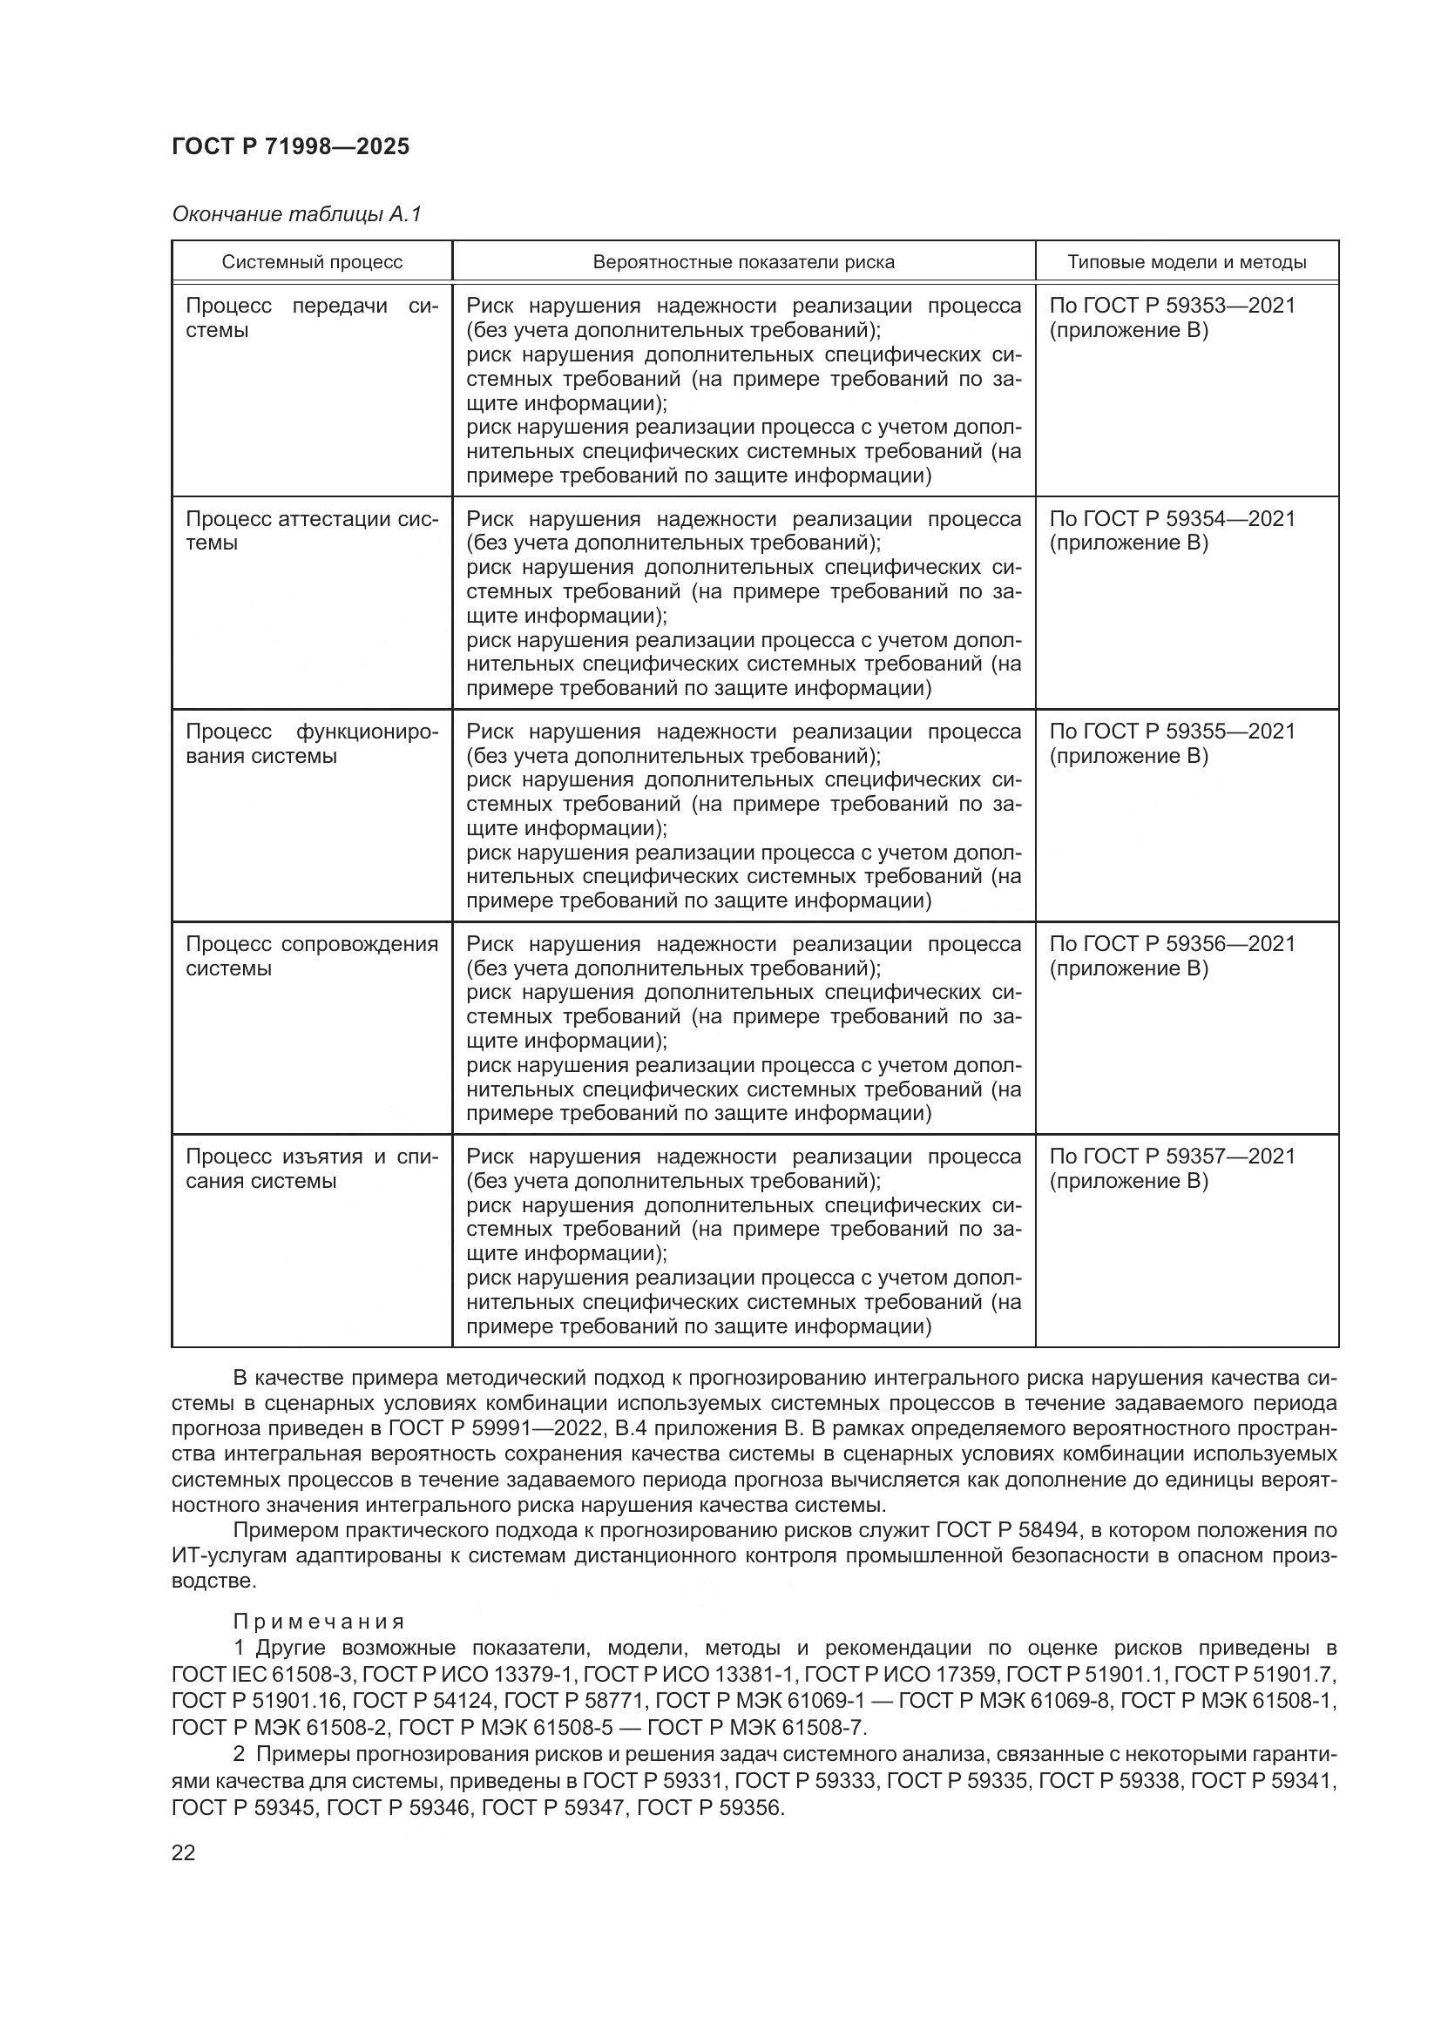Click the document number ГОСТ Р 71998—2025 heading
290,146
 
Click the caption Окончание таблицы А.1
296,214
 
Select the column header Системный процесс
313,262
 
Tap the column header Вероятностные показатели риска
743,262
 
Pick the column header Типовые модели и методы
1187,262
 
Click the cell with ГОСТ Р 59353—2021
1171,318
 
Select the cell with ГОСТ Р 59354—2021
1171,530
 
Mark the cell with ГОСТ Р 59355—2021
1171,744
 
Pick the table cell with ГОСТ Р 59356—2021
1171,955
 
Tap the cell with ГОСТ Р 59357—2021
1171,1169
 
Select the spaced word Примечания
319,1622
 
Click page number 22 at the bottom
184,1852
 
